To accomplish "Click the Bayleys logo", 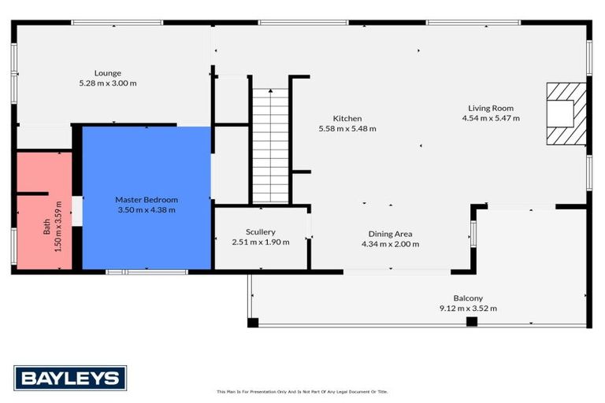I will tap(70, 378).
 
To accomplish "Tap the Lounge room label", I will tap(107, 73).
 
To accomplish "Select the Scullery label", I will tap(260, 232).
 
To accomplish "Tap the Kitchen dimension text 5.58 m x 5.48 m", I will tap(347, 128).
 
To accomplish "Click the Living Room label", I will tap(491, 109).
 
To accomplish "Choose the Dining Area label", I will tap(390, 234).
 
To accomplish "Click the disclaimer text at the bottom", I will tap(302, 391).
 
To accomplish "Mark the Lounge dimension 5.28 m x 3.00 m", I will tap(107, 83).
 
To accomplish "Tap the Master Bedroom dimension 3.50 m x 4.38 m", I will tap(146, 209).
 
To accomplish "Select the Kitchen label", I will tap(347, 118).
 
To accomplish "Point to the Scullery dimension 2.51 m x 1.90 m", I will tap(260, 242).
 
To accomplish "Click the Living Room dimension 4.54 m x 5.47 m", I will tap(491, 118).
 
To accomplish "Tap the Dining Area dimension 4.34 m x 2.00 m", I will tap(390, 243).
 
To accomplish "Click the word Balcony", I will tap(468, 298).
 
